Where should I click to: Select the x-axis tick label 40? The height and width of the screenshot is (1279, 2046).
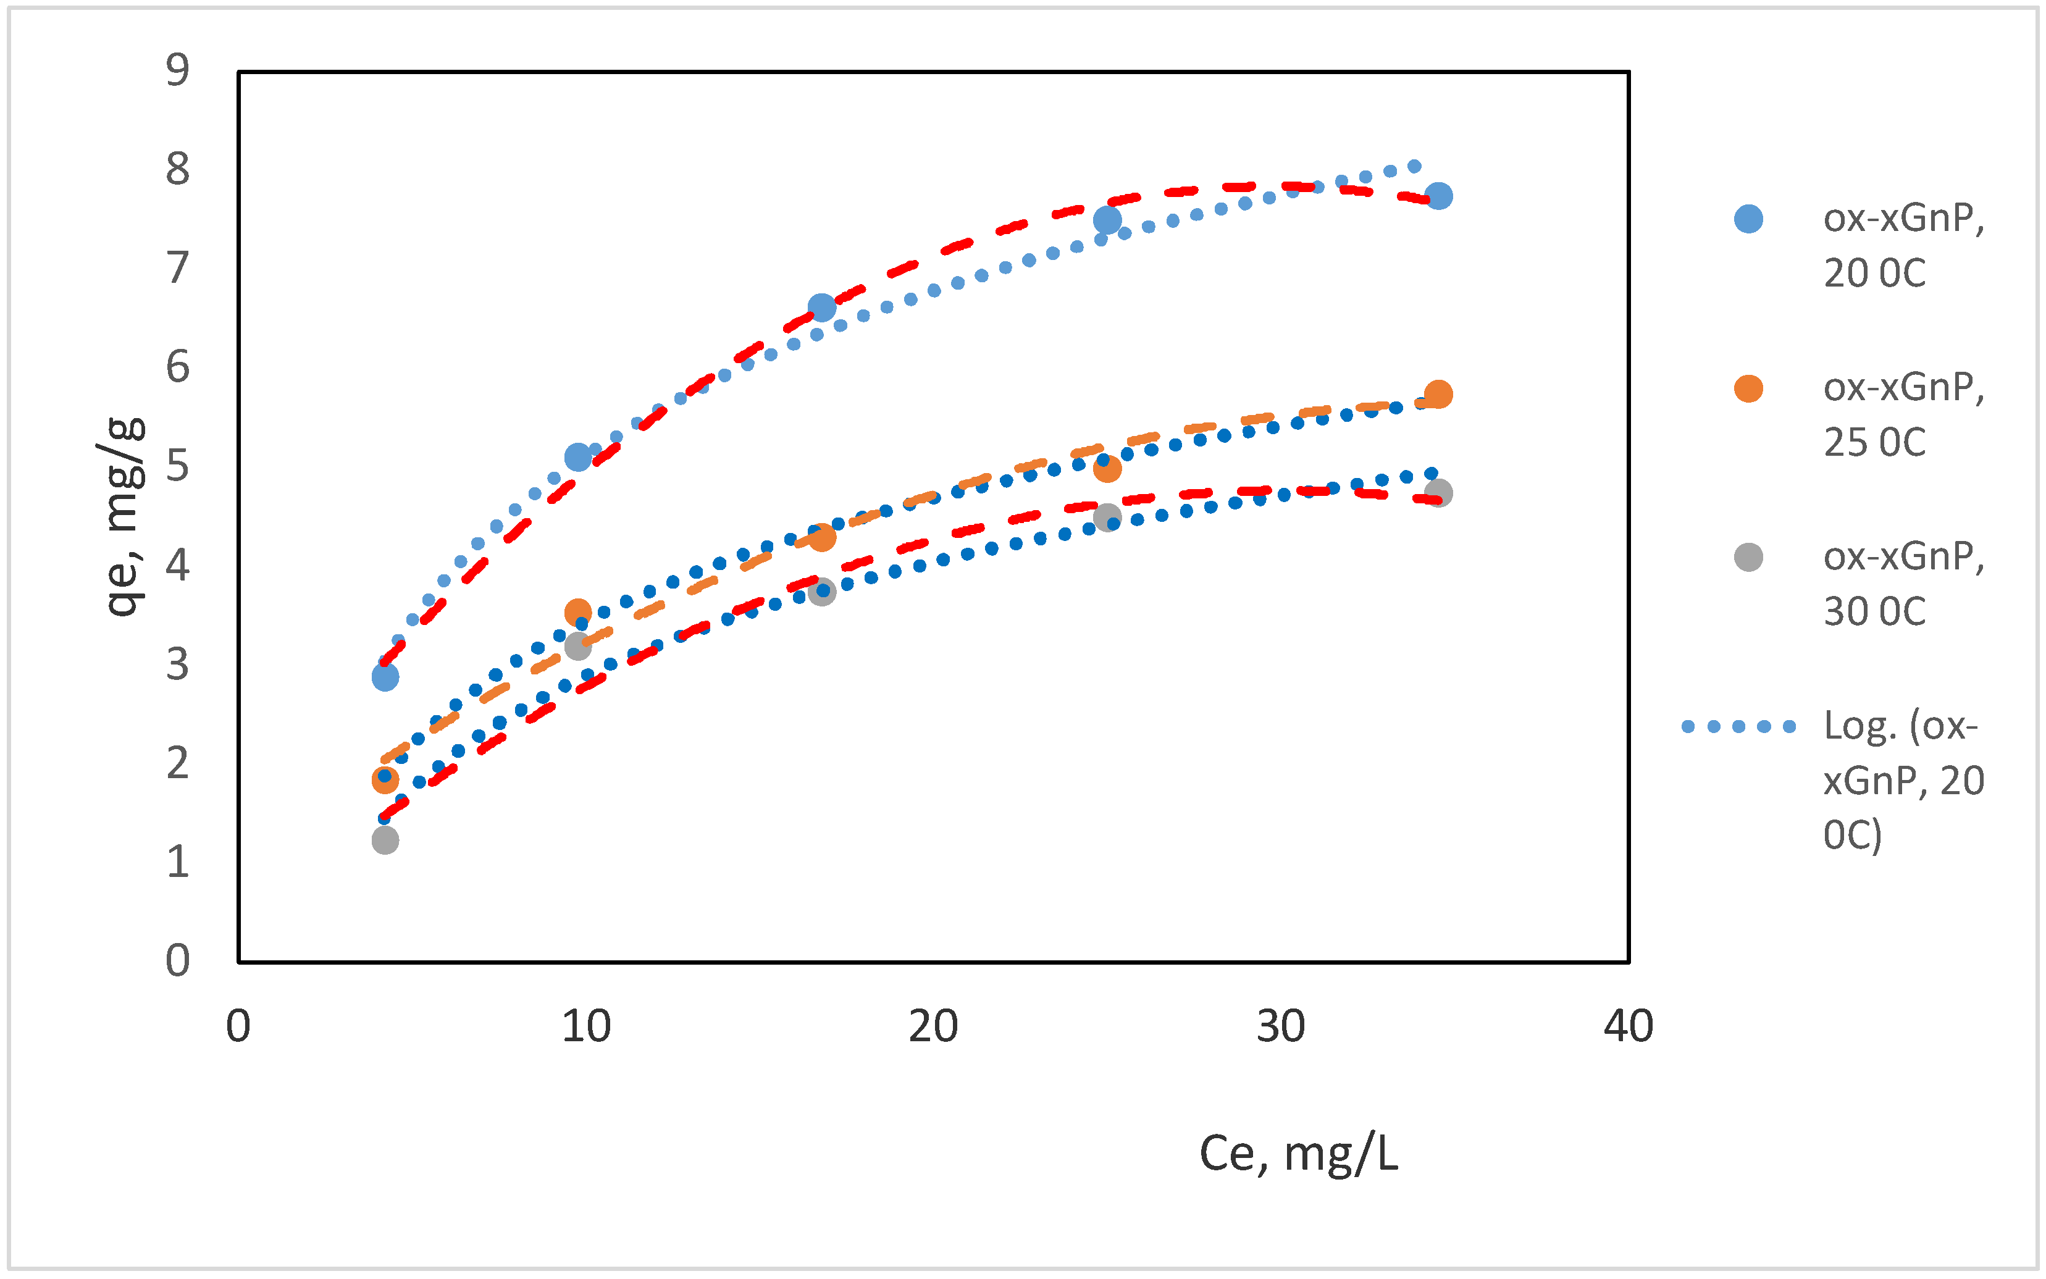click(x=1628, y=1027)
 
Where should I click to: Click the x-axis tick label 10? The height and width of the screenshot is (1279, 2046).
click(x=586, y=1027)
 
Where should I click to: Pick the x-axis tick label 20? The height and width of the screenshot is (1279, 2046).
click(x=933, y=1027)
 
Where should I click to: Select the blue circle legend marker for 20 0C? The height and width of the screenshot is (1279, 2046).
click(x=1748, y=219)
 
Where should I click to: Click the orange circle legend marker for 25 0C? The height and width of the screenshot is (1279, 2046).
click(x=1748, y=388)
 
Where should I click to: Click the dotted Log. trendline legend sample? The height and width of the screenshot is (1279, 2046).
click(x=1738, y=727)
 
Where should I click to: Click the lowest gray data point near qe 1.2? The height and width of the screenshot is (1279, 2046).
click(x=385, y=840)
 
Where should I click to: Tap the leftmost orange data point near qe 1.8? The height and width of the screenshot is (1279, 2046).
click(x=385, y=780)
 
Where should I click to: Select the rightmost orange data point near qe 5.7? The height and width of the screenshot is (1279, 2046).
click(x=1438, y=394)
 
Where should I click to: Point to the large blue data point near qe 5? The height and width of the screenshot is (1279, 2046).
click(x=577, y=458)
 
